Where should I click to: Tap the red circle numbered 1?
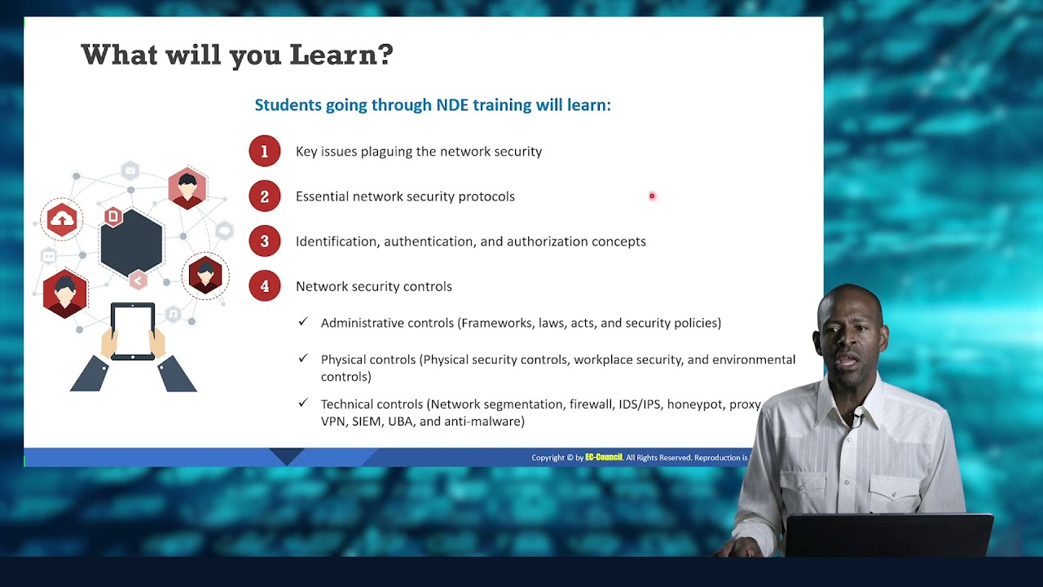(x=264, y=152)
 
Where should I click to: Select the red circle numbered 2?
(x=264, y=196)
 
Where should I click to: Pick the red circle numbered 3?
(x=264, y=241)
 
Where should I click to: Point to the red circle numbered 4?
(x=264, y=286)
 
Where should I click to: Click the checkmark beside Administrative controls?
(x=303, y=322)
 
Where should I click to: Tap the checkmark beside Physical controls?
(x=303, y=358)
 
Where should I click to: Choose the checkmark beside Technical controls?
(x=303, y=403)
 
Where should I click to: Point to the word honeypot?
(x=696, y=404)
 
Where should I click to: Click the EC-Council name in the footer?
(x=603, y=457)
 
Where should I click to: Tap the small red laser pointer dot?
(x=652, y=196)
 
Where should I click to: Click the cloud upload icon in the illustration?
(x=62, y=219)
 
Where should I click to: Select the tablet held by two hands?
(x=132, y=331)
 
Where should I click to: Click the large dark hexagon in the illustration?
(x=131, y=242)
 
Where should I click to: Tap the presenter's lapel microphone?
(x=856, y=421)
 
